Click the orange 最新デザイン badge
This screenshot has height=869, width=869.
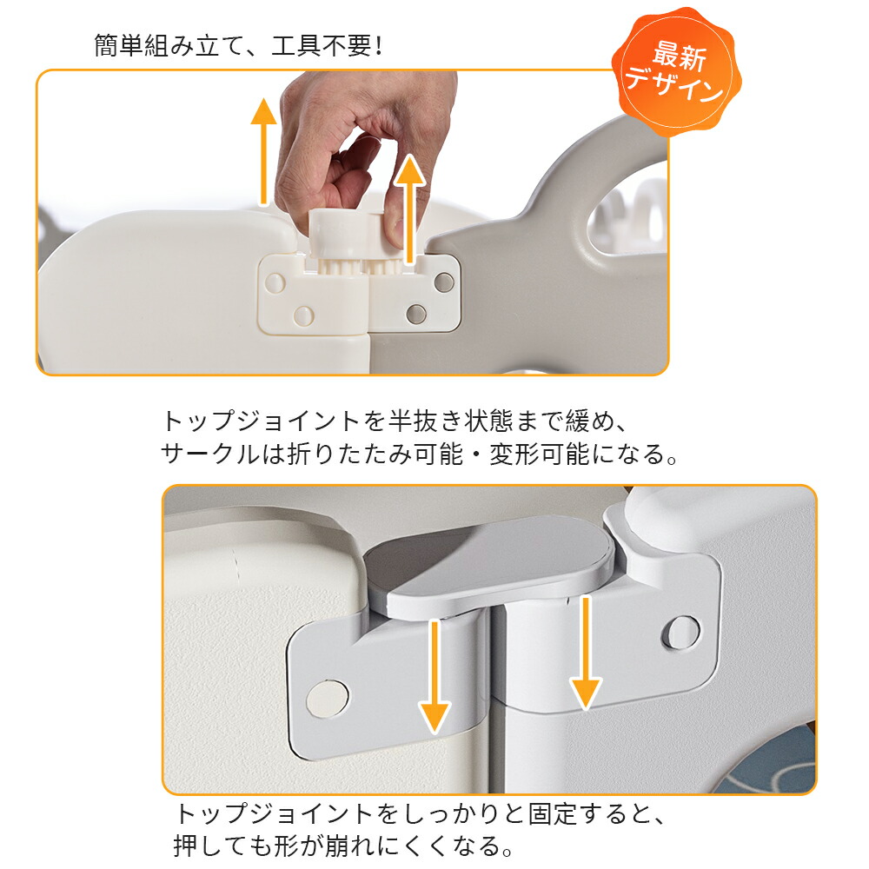click(676, 72)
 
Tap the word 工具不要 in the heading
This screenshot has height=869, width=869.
click(321, 45)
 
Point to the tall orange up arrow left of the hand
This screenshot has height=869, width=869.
click(264, 151)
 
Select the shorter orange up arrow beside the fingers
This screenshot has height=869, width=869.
click(410, 209)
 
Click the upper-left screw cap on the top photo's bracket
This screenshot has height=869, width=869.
click(275, 282)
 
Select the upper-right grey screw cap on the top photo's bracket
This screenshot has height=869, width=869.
click(444, 282)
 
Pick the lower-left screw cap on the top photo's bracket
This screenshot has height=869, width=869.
click(303, 316)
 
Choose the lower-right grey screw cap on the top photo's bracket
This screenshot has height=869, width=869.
click(416, 315)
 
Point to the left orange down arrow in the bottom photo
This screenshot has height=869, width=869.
click(435, 677)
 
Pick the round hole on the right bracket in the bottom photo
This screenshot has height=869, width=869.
click(681, 632)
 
